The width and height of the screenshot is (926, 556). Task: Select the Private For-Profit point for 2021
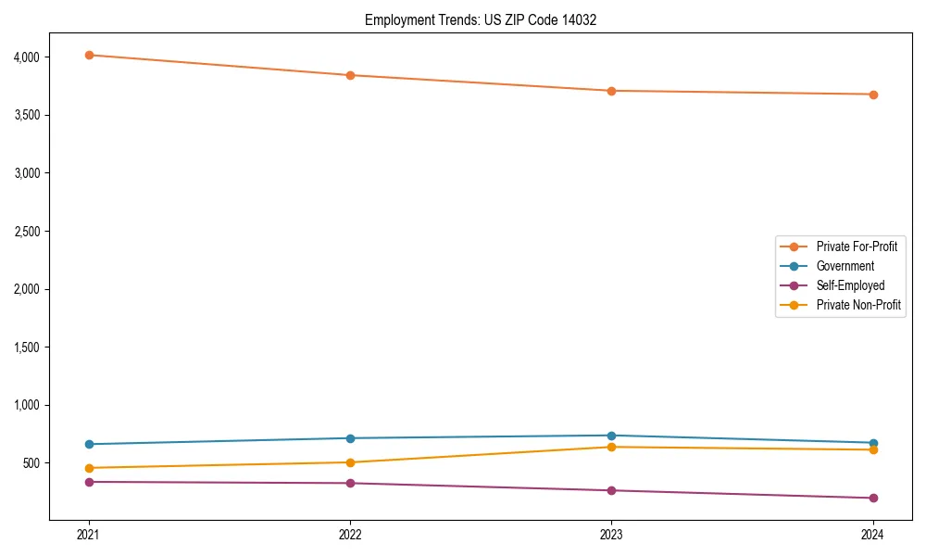(x=89, y=55)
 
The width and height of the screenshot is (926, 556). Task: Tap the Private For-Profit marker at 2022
(x=350, y=75)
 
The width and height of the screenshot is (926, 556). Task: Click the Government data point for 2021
(x=89, y=444)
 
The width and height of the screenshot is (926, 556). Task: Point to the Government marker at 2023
(x=611, y=436)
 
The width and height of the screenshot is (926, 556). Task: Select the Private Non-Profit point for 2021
(x=89, y=468)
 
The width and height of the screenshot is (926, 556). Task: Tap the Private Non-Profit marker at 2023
(x=611, y=447)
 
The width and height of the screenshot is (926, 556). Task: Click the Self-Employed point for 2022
(x=350, y=483)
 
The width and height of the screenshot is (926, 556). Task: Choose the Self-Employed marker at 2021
(x=89, y=482)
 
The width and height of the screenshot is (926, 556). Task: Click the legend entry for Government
(x=845, y=266)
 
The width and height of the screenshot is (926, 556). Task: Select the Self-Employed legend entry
(x=850, y=285)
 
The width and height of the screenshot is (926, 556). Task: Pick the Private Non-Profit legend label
(x=858, y=305)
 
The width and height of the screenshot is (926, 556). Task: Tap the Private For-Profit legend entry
(x=857, y=246)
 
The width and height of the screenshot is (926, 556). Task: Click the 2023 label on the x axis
(x=611, y=534)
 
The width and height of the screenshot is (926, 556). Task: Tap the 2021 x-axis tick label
(x=89, y=534)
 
